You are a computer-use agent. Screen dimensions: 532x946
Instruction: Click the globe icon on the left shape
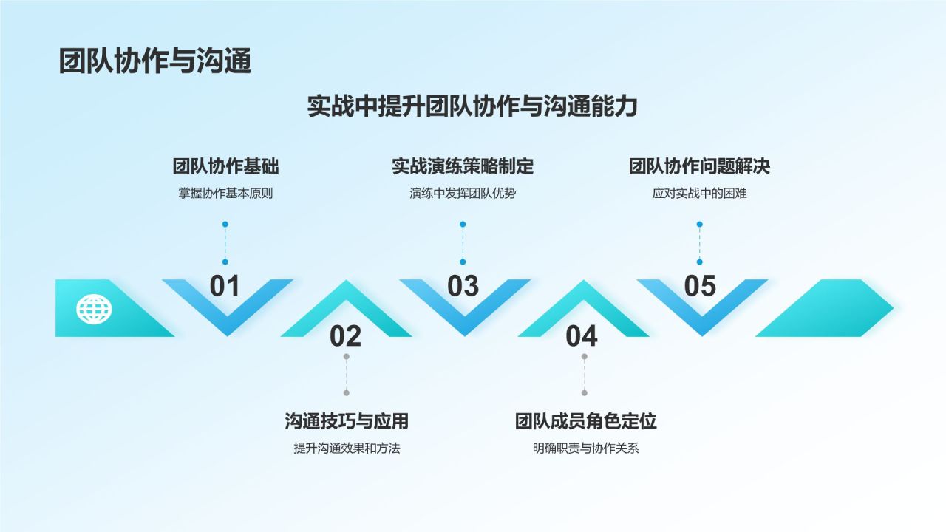(94, 309)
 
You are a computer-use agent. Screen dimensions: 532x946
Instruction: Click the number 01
(225, 286)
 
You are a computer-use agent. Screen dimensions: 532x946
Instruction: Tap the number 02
(345, 336)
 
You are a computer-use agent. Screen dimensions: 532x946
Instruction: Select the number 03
(463, 286)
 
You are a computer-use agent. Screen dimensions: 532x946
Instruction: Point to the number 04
(582, 336)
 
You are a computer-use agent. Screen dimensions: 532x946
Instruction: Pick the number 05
(700, 286)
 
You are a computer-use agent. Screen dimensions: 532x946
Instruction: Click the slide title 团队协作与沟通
(155, 61)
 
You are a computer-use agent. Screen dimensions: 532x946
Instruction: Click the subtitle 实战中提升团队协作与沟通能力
(472, 106)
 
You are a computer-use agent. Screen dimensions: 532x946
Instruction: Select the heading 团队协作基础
(225, 166)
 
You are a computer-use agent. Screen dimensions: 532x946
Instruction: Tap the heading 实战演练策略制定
(463, 166)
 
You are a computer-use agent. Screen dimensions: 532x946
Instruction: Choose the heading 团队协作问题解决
(699, 166)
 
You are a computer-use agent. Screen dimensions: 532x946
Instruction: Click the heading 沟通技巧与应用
(347, 421)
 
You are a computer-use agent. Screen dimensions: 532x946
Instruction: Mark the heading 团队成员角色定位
(585, 421)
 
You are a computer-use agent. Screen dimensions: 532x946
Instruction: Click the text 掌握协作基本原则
(225, 194)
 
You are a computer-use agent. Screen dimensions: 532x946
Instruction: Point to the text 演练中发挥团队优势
(463, 194)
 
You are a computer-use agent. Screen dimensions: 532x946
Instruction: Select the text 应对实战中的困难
(699, 194)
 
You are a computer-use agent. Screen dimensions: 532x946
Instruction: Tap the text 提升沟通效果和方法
(347, 449)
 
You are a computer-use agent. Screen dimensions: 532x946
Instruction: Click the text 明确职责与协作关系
(585, 449)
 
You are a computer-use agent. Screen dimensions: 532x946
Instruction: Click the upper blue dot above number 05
(699, 224)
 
